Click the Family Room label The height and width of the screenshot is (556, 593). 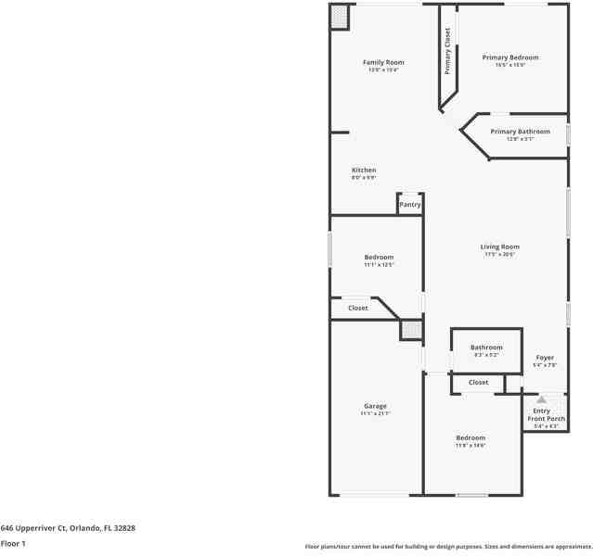tap(383, 63)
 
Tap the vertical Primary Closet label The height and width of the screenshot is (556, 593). tap(447, 51)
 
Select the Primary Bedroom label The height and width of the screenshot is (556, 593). tap(510, 57)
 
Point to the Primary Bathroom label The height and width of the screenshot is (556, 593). tap(520, 132)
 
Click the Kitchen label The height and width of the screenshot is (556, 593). tap(364, 171)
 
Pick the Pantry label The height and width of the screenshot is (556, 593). tap(410, 205)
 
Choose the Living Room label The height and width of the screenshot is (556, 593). tap(499, 246)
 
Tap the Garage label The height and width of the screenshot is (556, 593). tap(375, 406)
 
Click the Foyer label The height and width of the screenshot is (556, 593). tap(545, 358)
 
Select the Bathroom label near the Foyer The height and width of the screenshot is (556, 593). tap(486, 347)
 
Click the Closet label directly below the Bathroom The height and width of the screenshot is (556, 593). tap(478, 383)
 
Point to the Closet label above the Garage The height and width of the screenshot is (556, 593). tap(357, 308)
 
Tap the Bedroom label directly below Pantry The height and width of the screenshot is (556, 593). tap(379, 257)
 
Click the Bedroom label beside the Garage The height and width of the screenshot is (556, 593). tap(471, 437)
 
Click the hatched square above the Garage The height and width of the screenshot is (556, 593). tap(410, 330)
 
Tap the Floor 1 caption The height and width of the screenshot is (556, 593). tap(14, 544)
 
